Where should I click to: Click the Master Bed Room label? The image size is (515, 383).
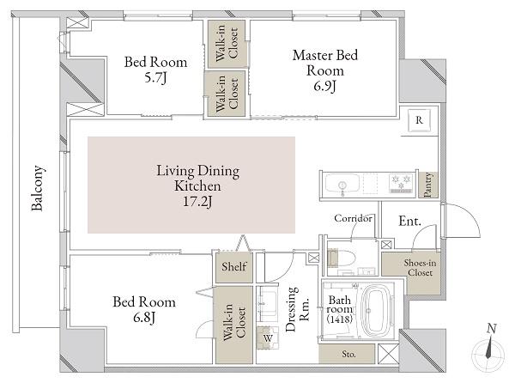coord(324,63)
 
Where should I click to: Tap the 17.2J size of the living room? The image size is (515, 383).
coord(197,201)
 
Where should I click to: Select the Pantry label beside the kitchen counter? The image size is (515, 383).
coord(427,185)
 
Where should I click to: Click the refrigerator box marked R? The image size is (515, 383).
coord(419,120)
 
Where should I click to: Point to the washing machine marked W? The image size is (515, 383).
coord(268,337)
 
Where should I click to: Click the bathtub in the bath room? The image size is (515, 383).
coord(377,310)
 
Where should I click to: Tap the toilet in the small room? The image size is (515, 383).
coord(342,258)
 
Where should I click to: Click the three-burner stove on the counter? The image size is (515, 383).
coord(401,183)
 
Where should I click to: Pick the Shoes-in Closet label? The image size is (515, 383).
coord(420,268)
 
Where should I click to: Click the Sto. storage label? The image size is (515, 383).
coord(348,354)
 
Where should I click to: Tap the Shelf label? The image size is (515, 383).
coord(233,266)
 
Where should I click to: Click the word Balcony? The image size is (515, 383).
coord(38,188)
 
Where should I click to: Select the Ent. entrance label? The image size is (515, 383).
coord(409,221)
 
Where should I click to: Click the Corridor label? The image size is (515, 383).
coord(353,218)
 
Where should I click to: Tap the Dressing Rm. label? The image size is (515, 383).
coord(298,309)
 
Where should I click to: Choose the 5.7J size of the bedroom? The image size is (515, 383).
coord(156,78)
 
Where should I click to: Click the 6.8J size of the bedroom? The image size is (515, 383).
coord(144,318)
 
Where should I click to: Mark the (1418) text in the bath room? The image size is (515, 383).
coord(340,319)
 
